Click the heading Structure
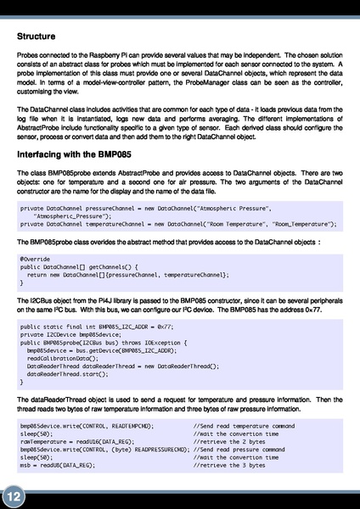point(37,36)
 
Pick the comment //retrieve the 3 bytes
point(230,466)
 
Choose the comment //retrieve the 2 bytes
point(230,441)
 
